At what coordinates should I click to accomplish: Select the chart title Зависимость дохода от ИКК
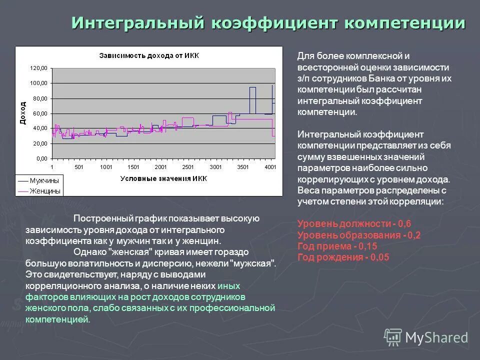(x=148, y=55)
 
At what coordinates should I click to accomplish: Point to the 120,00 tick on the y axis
(x=38, y=68)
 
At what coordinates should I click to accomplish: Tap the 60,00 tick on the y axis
(x=39, y=113)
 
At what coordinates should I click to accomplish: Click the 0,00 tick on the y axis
(x=41, y=158)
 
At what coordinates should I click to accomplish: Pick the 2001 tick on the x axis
(x=160, y=166)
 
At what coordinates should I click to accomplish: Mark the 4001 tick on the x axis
(x=270, y=166)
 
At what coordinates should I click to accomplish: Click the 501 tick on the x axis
(x=78, y=166)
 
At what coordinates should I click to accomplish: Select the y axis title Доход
(x=22, y=113)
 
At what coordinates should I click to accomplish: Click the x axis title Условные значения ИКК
(x=163, y=178)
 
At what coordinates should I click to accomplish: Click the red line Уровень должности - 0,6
(x=354, y=223)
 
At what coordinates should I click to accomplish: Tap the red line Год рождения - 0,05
(x=343, y=257)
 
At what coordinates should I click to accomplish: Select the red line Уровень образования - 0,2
(x=359, y=235)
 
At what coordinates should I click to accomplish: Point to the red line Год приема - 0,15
(x=337, y=246)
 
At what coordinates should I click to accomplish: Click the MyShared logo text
(x=436, y=338)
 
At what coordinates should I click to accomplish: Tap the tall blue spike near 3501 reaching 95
(x=252, y=88)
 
